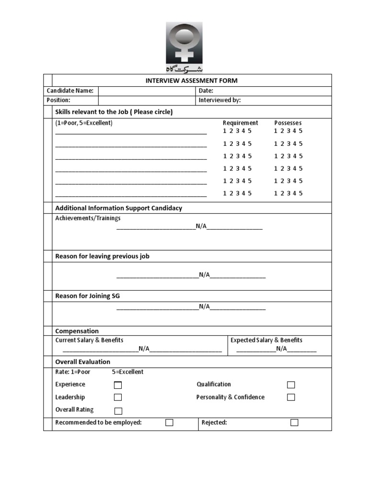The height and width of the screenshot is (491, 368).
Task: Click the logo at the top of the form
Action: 184,47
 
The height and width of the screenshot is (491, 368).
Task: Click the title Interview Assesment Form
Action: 191,81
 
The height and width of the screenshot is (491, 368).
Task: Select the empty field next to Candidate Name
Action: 147,91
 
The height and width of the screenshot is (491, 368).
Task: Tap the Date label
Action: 206,91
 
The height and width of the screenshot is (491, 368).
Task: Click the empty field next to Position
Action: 147,100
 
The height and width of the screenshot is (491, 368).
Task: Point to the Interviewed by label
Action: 219,100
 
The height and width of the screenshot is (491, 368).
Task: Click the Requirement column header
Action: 240,123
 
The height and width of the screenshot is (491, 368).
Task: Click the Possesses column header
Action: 287,123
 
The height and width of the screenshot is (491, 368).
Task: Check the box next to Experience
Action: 118,385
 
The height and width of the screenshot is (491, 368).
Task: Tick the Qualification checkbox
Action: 291,385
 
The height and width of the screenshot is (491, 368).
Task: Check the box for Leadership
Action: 118,397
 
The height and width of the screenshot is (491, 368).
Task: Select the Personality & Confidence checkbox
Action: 291,397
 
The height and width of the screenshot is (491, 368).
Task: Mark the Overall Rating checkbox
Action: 118,410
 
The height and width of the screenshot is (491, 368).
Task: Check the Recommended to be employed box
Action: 169,422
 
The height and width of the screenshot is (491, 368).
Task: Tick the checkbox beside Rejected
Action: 294,422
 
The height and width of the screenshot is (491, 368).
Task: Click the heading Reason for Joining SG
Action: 88,296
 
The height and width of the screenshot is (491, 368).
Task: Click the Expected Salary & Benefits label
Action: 266,340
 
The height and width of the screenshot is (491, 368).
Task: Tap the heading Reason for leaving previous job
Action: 102,256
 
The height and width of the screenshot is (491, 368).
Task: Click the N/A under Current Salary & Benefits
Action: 144,349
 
